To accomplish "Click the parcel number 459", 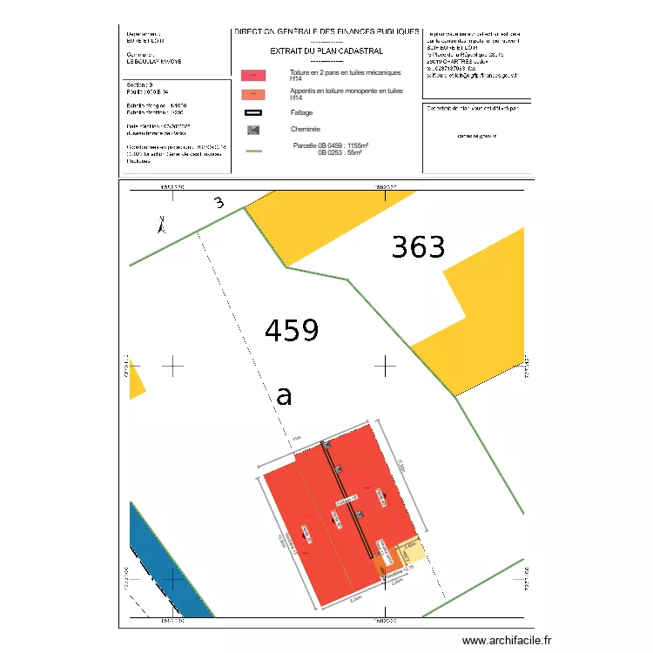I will coord(292,331).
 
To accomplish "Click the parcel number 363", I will coord(418,248).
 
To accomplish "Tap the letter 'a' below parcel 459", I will coord(284,395).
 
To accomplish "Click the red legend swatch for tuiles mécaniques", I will coord(253,77).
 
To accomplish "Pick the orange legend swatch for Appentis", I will coord(253,94).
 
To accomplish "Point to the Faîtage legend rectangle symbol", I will coord(253,112).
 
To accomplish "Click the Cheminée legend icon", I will coord(253,130).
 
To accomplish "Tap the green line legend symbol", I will coord(253,151).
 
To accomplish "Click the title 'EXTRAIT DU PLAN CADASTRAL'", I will coord(326,51).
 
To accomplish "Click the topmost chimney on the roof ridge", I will coord(327,445).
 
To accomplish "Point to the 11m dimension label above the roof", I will coord(296,437).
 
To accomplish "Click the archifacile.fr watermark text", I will coord(507,640).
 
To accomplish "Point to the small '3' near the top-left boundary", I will coord(219,204).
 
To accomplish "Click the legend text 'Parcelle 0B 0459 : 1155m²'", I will coord(331,145).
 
